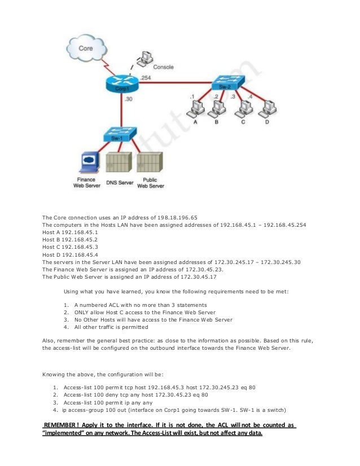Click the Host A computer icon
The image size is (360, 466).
tap(195, 107)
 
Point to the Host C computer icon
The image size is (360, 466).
tap(244, 107)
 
